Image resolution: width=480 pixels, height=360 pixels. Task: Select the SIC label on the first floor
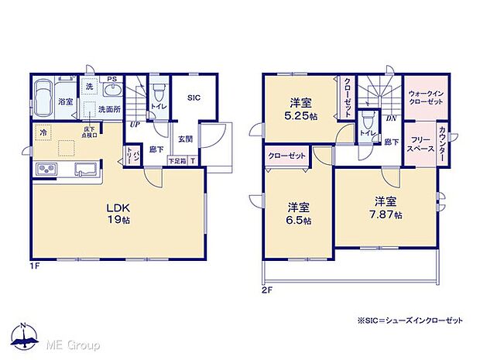coord(194,98)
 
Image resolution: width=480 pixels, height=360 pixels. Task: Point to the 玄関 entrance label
coord(185,140)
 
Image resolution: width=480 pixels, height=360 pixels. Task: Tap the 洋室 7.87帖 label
coord(385,207)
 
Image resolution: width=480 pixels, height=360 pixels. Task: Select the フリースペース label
coord(419,142)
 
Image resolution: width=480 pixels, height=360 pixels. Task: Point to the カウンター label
coord(442,143)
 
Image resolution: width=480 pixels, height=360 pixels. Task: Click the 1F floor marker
coord(36,266)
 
